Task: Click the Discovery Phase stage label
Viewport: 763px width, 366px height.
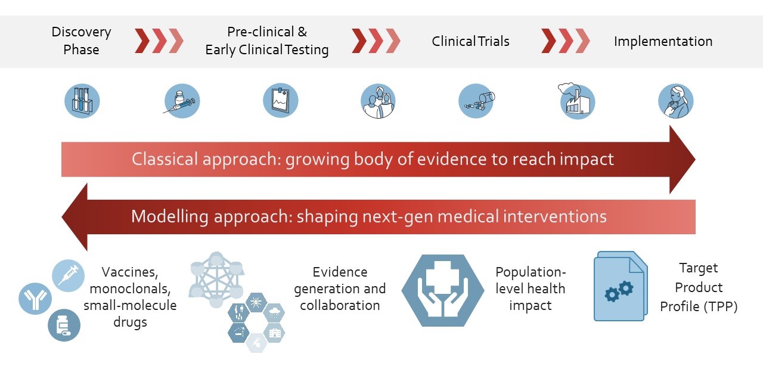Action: click(82, 41)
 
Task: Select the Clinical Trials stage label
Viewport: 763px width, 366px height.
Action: click(470, 41)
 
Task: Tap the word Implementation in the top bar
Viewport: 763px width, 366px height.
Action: click(663, 41)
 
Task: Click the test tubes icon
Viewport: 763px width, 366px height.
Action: click(82, 101)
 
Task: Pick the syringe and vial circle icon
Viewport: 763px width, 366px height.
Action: click(182, 101)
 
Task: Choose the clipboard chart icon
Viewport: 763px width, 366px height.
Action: click(281, 101)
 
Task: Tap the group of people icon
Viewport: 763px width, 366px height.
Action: click(378, 101)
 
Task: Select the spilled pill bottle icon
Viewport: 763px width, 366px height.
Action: click(476, 101)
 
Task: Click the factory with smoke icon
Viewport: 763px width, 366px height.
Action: click(576, 101)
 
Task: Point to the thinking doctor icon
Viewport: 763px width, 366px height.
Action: click(676, 101)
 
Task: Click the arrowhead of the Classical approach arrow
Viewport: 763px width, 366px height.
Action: click(682, 160)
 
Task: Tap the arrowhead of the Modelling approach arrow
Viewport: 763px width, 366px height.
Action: click(75, 217)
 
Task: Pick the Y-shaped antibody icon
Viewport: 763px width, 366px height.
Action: click(35, 299)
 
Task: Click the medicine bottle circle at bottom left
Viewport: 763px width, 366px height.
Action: click(64, 325)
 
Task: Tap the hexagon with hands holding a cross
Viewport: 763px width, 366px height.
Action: click(443, 290)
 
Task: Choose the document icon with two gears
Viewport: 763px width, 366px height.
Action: click(621, 286)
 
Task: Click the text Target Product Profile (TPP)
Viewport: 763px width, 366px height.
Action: click(699, 287)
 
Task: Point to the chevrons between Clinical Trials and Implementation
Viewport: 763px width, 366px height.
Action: click(566, 41)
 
